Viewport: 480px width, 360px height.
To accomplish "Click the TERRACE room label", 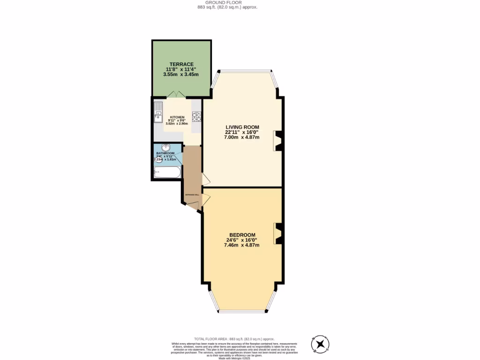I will click(181, 64).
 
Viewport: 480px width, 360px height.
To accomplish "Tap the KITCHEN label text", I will click(177, 117).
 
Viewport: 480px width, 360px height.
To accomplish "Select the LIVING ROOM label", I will click(242, 127).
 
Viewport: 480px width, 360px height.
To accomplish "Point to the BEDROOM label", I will click(242, 235).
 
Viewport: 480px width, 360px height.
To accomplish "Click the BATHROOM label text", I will click(165, 153).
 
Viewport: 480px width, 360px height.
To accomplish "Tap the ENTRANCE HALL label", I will click(193, 194).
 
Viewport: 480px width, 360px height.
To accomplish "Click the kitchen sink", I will click(158, 111).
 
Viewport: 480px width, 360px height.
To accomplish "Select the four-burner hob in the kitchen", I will click(196, 116).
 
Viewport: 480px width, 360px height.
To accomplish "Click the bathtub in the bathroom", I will click(167, 172).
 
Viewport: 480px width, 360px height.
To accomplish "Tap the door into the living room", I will click(206, 179).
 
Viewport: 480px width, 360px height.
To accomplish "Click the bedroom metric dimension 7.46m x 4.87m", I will click(242, 245).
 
